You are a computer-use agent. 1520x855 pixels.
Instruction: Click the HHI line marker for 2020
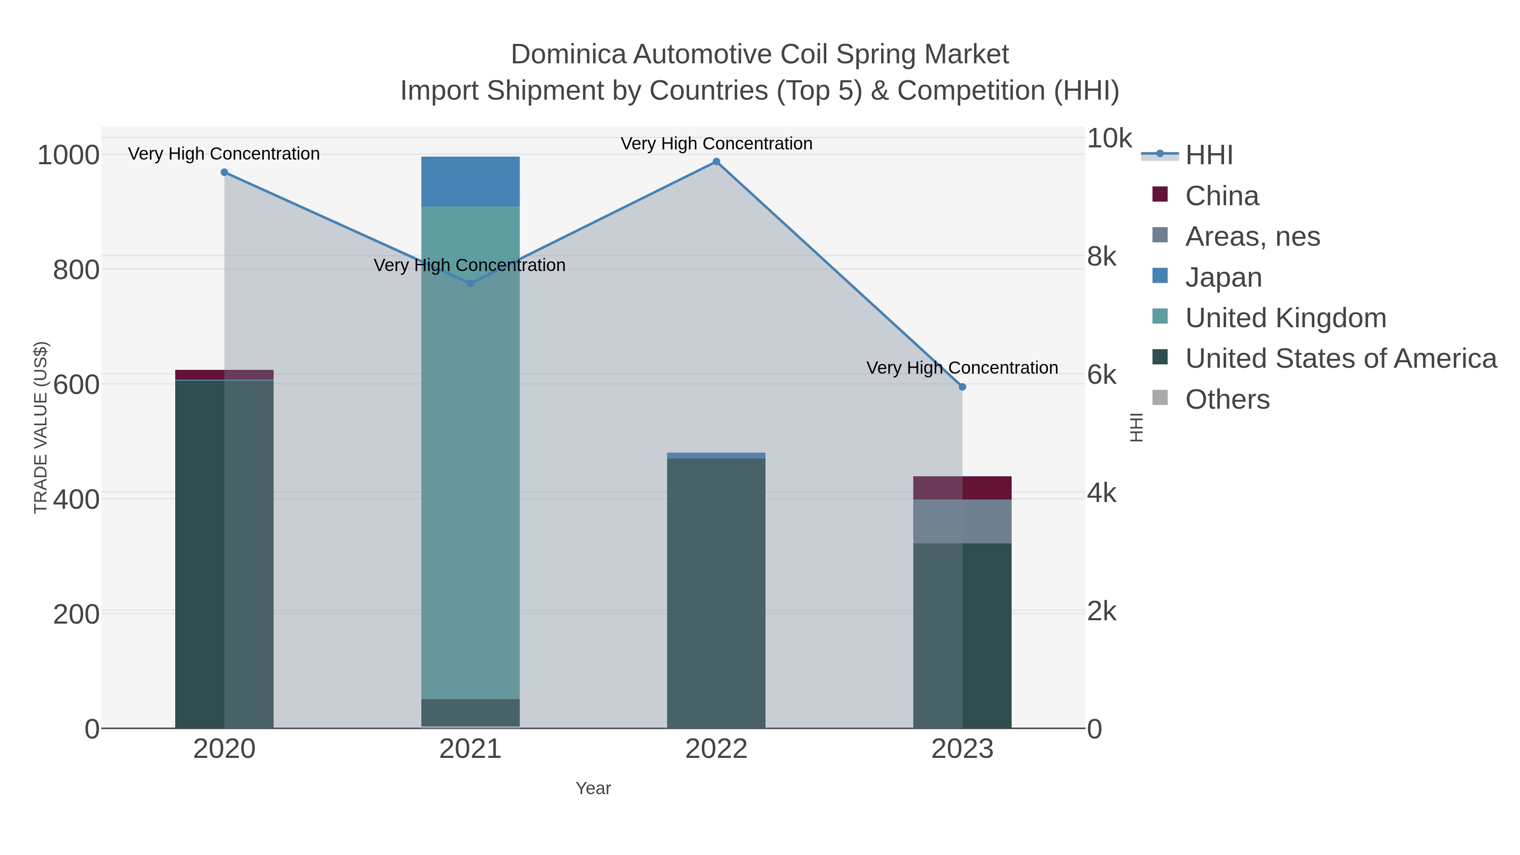pyautogui.click(x=224, y=172)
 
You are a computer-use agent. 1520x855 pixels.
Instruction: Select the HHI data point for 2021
pyautogui.click(x=470, y=284)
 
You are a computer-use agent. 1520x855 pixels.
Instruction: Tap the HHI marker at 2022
pyautogui.click(x=717, y=162)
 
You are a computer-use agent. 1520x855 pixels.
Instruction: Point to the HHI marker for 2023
pyautogui.click(x=962, y=387)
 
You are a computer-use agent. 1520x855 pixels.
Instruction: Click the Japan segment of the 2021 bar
pyautogui.click(x=470, y=181)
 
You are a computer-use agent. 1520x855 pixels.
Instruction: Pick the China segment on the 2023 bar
pyautogui.click(x=962, y=488)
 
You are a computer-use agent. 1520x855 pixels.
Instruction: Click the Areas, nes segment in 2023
pyautogui.click(x=962, y=521)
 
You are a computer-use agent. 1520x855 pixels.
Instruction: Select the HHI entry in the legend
pyautogui.click(x=1208, y=155)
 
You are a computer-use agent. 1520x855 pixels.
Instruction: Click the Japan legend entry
pyautogui.click(x=1223, y=277)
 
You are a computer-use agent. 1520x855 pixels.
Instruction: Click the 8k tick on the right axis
pyautogui.click(x=1102, y=257)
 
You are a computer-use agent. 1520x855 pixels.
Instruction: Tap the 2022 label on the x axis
pyautogui.click(x=717, y=749)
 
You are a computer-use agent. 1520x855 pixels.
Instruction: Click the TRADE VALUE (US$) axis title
pyautogui.click(x=40, y=427)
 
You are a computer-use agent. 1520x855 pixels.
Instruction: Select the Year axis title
pyautogui.click(x=593, y=788)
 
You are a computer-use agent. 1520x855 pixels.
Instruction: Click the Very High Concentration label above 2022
pyautogui.click(x=717, y=144)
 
